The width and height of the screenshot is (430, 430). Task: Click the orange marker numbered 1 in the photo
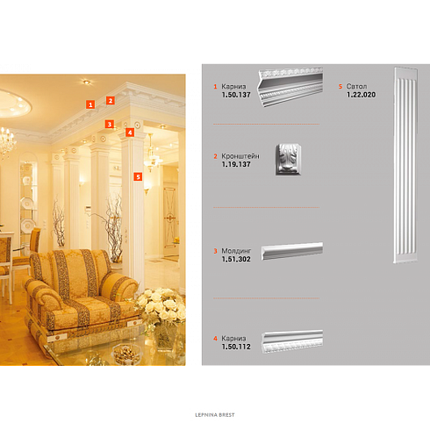point(90,104)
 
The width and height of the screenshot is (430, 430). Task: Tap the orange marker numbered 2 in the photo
point(111,101)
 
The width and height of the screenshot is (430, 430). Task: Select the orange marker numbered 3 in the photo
point(110,124)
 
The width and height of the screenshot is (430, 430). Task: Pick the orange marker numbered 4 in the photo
point(130,133)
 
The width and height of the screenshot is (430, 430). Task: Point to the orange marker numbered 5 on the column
point(138,176)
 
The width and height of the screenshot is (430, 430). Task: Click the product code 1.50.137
point(236,95)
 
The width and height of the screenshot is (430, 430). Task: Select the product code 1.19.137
point(236,164)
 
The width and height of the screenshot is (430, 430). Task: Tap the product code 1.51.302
point(236,259)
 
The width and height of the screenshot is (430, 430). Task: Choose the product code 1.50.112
point(236,347)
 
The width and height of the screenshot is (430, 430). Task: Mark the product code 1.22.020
point(362,95)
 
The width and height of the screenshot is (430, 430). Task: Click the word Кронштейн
point(240,156)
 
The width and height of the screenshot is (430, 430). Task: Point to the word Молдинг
point(236,251)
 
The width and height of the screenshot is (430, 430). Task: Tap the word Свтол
point(356,86)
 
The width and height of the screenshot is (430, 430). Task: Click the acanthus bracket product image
point(288,159)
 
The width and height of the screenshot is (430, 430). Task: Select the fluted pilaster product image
point(405,165)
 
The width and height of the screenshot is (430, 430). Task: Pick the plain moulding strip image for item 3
point(292,251)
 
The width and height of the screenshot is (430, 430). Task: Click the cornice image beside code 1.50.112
point(292,341)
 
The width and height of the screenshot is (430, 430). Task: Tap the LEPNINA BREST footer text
point(215,415)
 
